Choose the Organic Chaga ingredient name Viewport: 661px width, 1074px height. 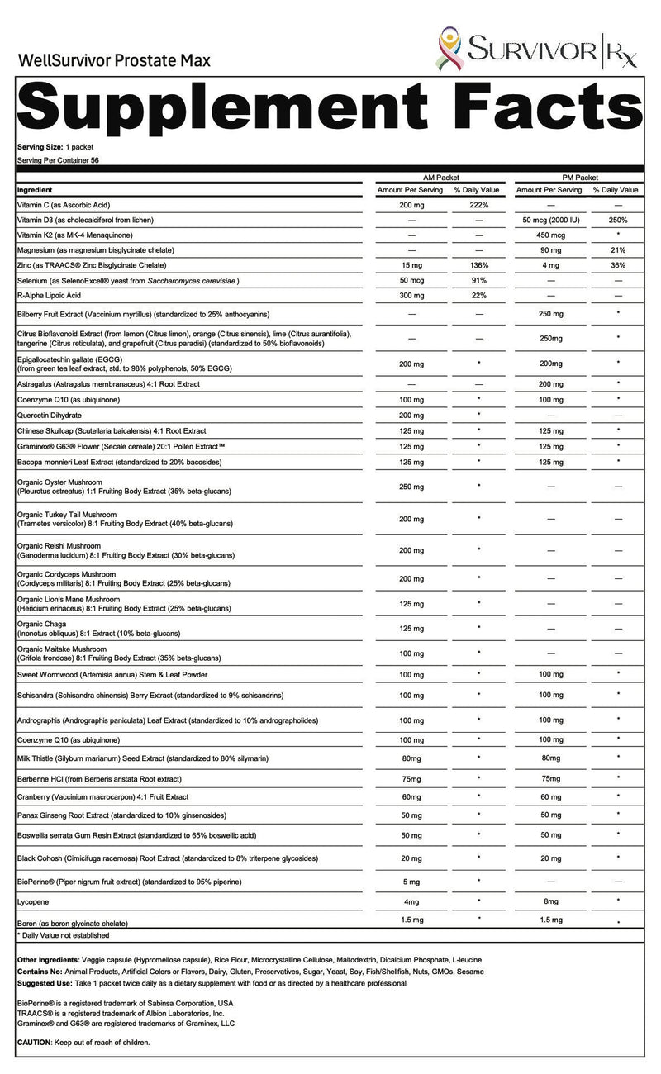point(42,624)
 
